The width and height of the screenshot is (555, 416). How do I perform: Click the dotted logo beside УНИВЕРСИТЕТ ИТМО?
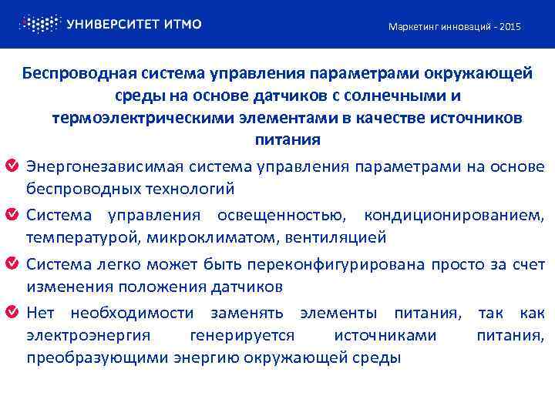click(39, 24)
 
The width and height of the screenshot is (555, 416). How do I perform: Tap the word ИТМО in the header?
click(183, 24)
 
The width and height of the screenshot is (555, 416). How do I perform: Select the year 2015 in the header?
click(510, 27)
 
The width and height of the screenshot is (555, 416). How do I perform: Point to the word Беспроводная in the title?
click(79, 74)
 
